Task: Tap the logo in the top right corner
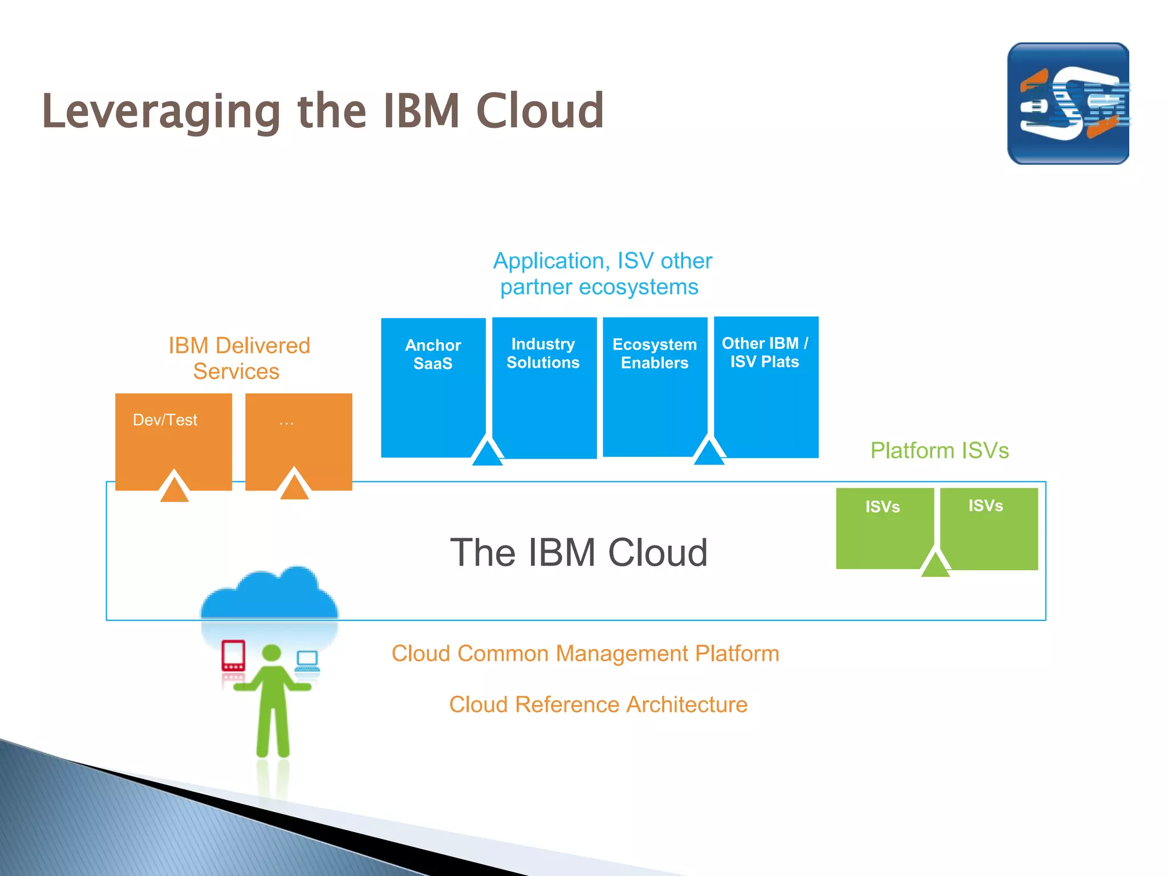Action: [1068, 104]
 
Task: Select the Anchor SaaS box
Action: [433, 388]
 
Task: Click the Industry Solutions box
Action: [544, 388]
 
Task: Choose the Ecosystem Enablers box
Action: [655, 388]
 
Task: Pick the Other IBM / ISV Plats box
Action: [766, 388]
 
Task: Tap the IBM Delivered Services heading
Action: [238, 358]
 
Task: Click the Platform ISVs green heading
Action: [939, 451]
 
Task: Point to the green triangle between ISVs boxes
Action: [935, 565]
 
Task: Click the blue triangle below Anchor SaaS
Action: [487, 453]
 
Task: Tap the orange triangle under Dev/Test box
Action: [174, 489]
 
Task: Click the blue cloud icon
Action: [269, 596]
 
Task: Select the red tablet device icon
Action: [233, 655]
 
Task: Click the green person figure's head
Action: [271, 654]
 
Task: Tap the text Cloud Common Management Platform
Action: [585, 654]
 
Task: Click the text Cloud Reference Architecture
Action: [598, 705]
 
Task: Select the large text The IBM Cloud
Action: [579, 553]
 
